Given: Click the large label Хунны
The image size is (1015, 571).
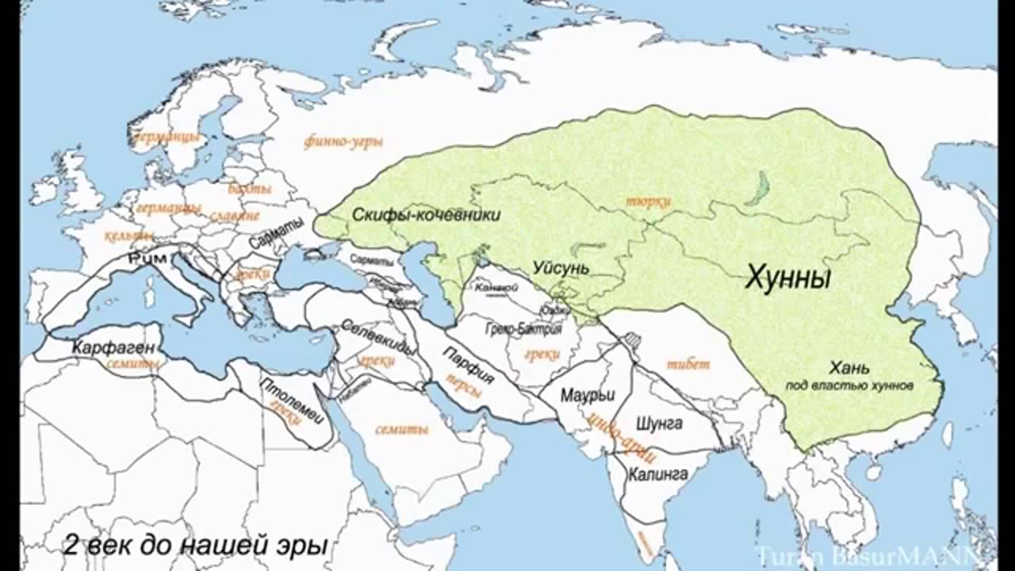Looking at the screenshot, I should (x=787, y=279).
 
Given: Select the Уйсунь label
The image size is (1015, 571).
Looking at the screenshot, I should (x=561, y=268).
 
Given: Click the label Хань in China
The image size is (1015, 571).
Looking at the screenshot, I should (x=849, y=368).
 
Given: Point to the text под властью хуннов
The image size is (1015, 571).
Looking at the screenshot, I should (x=850, y=385).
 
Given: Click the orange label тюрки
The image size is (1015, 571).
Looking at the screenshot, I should (x=648, y=202).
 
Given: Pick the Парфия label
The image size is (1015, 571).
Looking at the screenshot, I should (x=468, y=366).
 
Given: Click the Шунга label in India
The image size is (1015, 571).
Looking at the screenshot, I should (x=659, y=423).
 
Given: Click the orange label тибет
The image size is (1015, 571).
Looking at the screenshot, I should (x=688, y=365).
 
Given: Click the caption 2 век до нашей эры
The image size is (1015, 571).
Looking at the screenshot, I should (x=195, y=546).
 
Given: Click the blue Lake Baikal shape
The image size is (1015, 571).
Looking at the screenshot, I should (x=760, y=189).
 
